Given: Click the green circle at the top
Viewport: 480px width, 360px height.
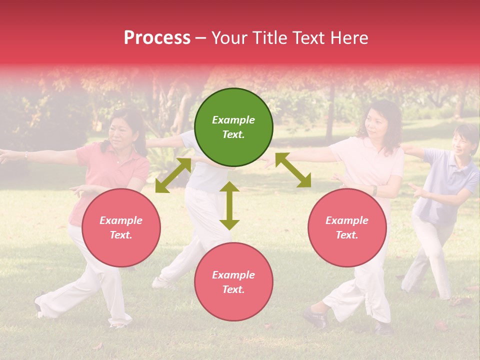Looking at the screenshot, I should click(233, 127).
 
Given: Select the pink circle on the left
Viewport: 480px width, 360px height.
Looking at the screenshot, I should click(121, 228).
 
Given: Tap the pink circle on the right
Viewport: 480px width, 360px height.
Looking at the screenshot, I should click(347, 228).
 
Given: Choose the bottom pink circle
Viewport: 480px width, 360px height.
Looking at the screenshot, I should click(233, 282).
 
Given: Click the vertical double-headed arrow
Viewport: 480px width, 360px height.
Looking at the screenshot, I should click(229, 205).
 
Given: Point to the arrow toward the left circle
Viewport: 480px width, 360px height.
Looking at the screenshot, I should click(173, 175).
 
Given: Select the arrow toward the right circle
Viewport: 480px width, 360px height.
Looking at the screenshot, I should click(293, 170).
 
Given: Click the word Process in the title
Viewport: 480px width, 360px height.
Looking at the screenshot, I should click(157, 38).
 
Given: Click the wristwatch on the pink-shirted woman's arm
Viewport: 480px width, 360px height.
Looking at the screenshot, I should click(374, 190).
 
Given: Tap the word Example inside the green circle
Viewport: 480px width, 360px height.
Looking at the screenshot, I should click(233, 120).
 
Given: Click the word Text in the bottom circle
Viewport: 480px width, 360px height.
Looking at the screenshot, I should click(232, 289).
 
